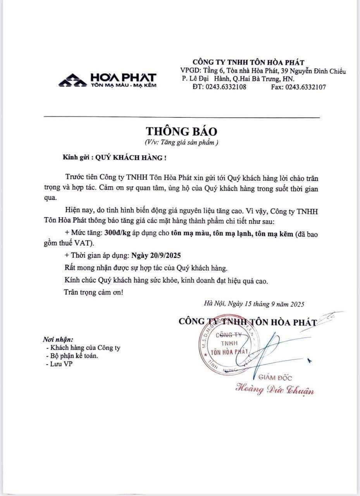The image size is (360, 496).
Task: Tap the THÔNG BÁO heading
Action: coord(182,130)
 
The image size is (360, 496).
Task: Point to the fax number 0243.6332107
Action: coord(305,87)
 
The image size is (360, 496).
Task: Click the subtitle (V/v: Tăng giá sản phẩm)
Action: coord(182,142)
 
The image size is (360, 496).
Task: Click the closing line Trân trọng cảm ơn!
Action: coord(93,292)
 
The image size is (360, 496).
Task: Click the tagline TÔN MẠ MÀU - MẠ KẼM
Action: coord(124,85)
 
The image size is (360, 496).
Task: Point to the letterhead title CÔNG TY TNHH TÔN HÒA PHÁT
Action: coord(248,62)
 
